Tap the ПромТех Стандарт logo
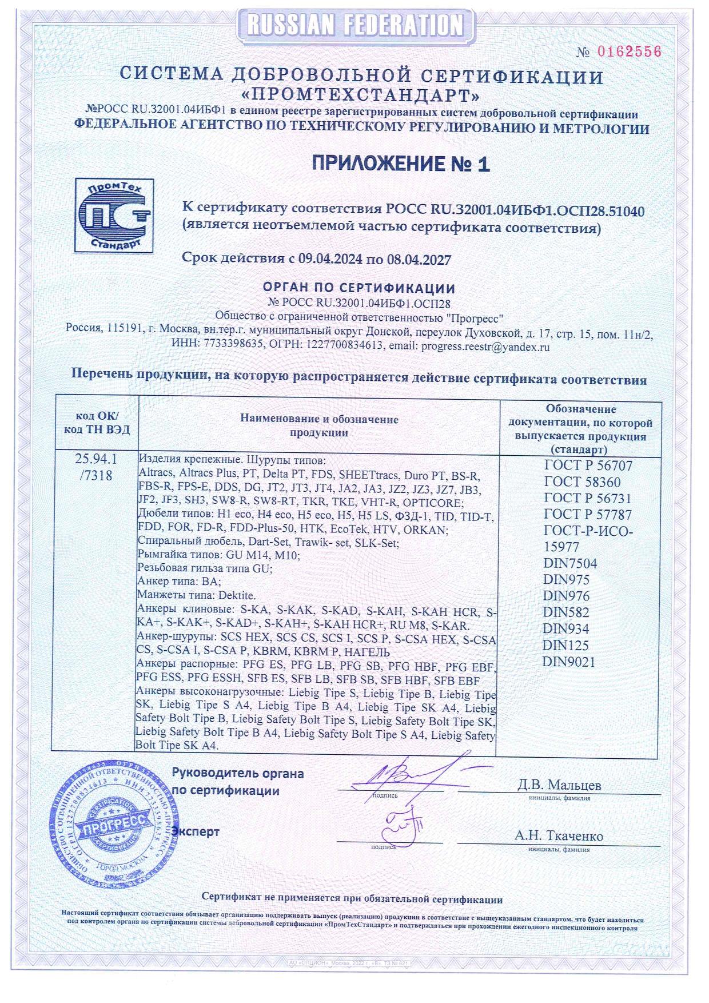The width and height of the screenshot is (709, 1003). pos(115,215)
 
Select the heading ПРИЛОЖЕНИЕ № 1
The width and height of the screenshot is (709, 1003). pos(401,164)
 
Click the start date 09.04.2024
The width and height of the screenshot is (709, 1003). pos(329,259)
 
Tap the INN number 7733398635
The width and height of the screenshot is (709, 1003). pos(235,346)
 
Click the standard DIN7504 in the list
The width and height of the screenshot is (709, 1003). pos(569,564)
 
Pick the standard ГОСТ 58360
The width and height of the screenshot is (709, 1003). pos(581,482)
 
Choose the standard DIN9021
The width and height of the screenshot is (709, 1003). pos(568,662)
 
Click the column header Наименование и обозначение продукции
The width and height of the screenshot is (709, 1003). pos(319,425)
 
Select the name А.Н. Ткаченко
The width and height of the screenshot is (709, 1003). pos(558,835)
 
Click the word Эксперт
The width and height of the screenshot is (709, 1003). pos(196,831)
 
